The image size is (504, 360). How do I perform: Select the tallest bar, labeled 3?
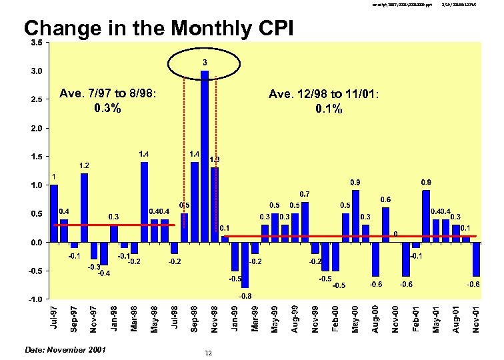pyautogui.click(x=205, y=156)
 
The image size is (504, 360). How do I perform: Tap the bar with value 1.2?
pyautogui.click(x=84, y=207)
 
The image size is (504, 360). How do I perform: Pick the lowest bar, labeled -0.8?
pyautogui.click(x=245, y=265)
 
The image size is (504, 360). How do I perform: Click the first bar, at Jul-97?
pyautogui.click(x=54, y=213)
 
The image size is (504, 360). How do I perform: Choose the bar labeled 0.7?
pyautogui.click(x=305, y=222)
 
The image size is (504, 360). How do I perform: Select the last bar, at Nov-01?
pyautogui.click(x=475, y=259)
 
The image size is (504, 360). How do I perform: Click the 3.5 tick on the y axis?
pyautogui.click(x=37, y=43)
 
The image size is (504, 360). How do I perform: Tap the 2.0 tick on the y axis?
pyautogui.click(x=37, y=128)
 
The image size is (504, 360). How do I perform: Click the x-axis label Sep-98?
pyautogui.click(x=195, y=319)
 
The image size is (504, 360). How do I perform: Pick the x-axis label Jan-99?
pyautogui.click(x=235, y=319)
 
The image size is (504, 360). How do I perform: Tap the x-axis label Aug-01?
pyautogui.click(x=456, y=319)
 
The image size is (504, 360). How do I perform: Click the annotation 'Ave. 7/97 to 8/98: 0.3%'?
pyautogui.click(x=108, y=101)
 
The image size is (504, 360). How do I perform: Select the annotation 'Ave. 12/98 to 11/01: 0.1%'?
pyautogui.click(x=324, y=101)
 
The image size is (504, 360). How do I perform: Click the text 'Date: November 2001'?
pyautogui.click(x=65, y=349)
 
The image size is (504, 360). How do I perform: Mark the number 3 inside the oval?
pyautogui.click(x=205, y=63)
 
